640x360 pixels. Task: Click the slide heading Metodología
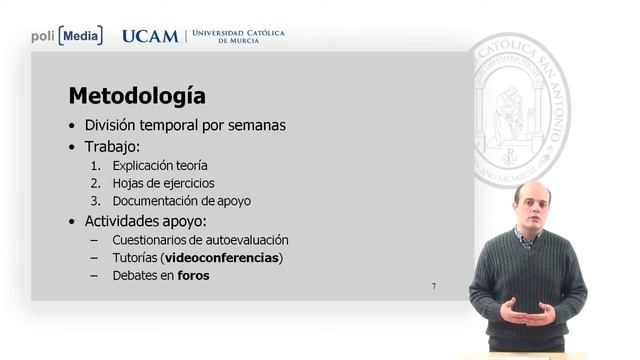[x=137, y=96]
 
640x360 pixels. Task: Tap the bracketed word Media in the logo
[x=80, y=36]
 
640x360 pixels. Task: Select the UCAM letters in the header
[x=150, y=36]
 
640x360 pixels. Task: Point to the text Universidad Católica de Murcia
[x=237, y=36]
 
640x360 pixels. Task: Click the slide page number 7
[x=433, y=287]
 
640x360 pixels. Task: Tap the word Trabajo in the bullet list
[x=111, y=146]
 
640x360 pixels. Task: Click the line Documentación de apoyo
[x=181, y=201]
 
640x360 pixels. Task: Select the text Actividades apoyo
[x=145, y=220]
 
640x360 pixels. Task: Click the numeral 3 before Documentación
[x=95, y=201]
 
